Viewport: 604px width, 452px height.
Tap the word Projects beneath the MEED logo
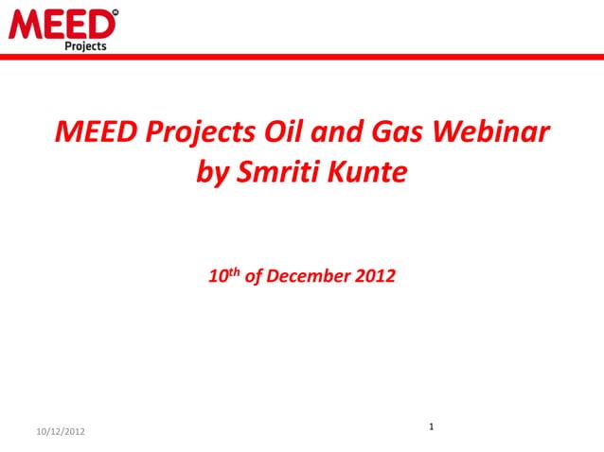point(85,45)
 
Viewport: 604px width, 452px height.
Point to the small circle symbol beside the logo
point(115,13)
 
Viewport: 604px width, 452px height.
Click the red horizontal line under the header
point(302,57)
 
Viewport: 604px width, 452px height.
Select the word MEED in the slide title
point(93,132)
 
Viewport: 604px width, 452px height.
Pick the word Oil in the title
point(276,132)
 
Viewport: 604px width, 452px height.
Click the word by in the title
point(211,173)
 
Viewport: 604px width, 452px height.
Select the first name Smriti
point(275,173)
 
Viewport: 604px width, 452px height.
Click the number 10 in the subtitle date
point(217,278)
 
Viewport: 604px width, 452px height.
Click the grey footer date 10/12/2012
point(59,431)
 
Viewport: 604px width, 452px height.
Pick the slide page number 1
point(431,428)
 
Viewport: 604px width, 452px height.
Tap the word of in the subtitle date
point(254,278)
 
